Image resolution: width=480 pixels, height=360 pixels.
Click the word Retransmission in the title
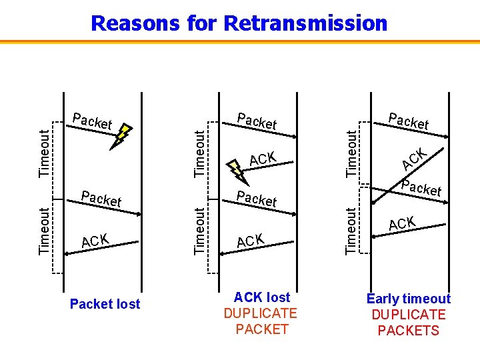[305, 23]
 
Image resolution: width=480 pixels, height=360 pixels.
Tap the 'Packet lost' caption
[105, 304]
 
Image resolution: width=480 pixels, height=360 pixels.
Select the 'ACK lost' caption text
[262, 297]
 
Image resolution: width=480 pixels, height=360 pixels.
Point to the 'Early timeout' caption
[408, 299]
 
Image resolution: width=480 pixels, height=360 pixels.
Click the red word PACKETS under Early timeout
[408, 331]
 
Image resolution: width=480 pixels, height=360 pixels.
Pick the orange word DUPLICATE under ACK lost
[260, 313]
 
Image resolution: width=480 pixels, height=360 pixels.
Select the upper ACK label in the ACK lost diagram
[263, 159]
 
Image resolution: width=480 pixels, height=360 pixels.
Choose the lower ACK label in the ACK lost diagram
[251, 241]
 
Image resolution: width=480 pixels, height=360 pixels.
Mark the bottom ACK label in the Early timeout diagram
[402, 223]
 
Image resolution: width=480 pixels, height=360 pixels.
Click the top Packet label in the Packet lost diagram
[92, 121]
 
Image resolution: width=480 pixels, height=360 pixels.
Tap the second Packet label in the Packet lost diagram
[101, 198]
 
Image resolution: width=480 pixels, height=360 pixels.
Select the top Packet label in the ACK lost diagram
[257, 121]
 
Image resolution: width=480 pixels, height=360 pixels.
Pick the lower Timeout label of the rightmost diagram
[351, 230]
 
